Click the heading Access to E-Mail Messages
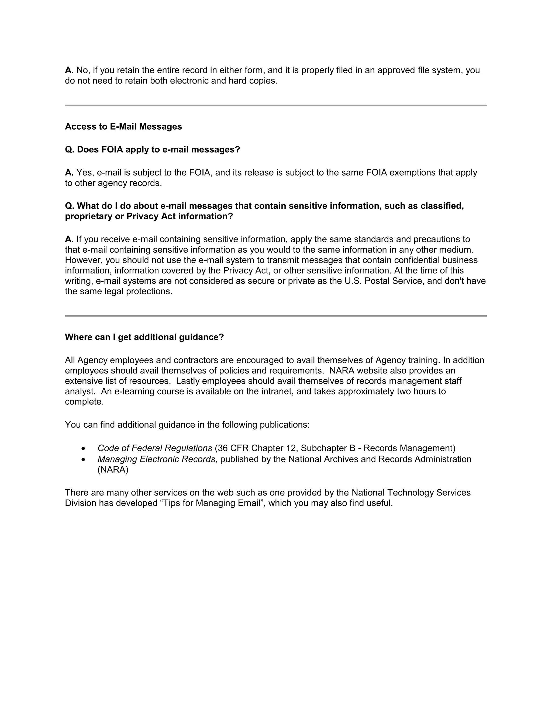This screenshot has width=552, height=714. coord(123,127)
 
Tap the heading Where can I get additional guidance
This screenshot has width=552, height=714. coord(144,337)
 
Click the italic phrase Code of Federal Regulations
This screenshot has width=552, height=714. coord(155,448)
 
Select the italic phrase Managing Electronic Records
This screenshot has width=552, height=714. coord(156,459)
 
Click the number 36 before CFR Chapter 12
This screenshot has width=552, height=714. coord(222,448)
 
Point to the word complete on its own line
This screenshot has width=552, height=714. coord(84,402)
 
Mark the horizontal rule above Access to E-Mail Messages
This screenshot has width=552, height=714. coord(276,105)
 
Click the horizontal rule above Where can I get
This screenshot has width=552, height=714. coord(276,316)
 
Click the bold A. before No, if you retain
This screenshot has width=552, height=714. coord(69,70)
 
